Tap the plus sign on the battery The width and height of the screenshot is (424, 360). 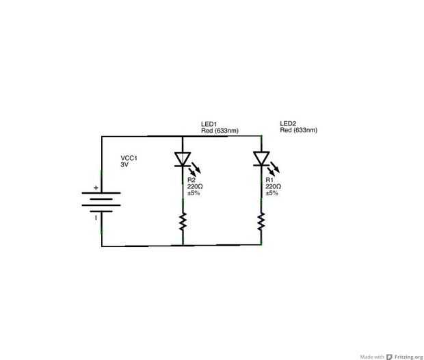tap(96, 188)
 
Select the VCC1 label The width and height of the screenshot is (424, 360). tap(129, 157)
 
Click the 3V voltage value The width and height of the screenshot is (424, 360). tap(124, 165)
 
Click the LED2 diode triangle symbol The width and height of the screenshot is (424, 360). tap(261, 159)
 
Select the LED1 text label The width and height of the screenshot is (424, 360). tap(209, 123)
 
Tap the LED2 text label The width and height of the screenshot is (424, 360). tap(288, 123)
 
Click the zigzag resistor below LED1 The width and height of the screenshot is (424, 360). tap(183, 221)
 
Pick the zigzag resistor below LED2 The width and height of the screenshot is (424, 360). tap(261, 221)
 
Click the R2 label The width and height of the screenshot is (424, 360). tap(191, 180)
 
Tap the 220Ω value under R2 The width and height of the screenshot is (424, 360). tap(195, 186)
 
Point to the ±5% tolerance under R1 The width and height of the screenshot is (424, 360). tap(272, 193)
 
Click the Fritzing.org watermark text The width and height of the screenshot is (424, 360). tap(408, 357)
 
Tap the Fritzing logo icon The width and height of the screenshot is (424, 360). tap(389, 357)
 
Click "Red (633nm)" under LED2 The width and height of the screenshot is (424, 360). tap(298, 130)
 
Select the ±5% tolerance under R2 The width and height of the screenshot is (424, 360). tap(194, 193)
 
